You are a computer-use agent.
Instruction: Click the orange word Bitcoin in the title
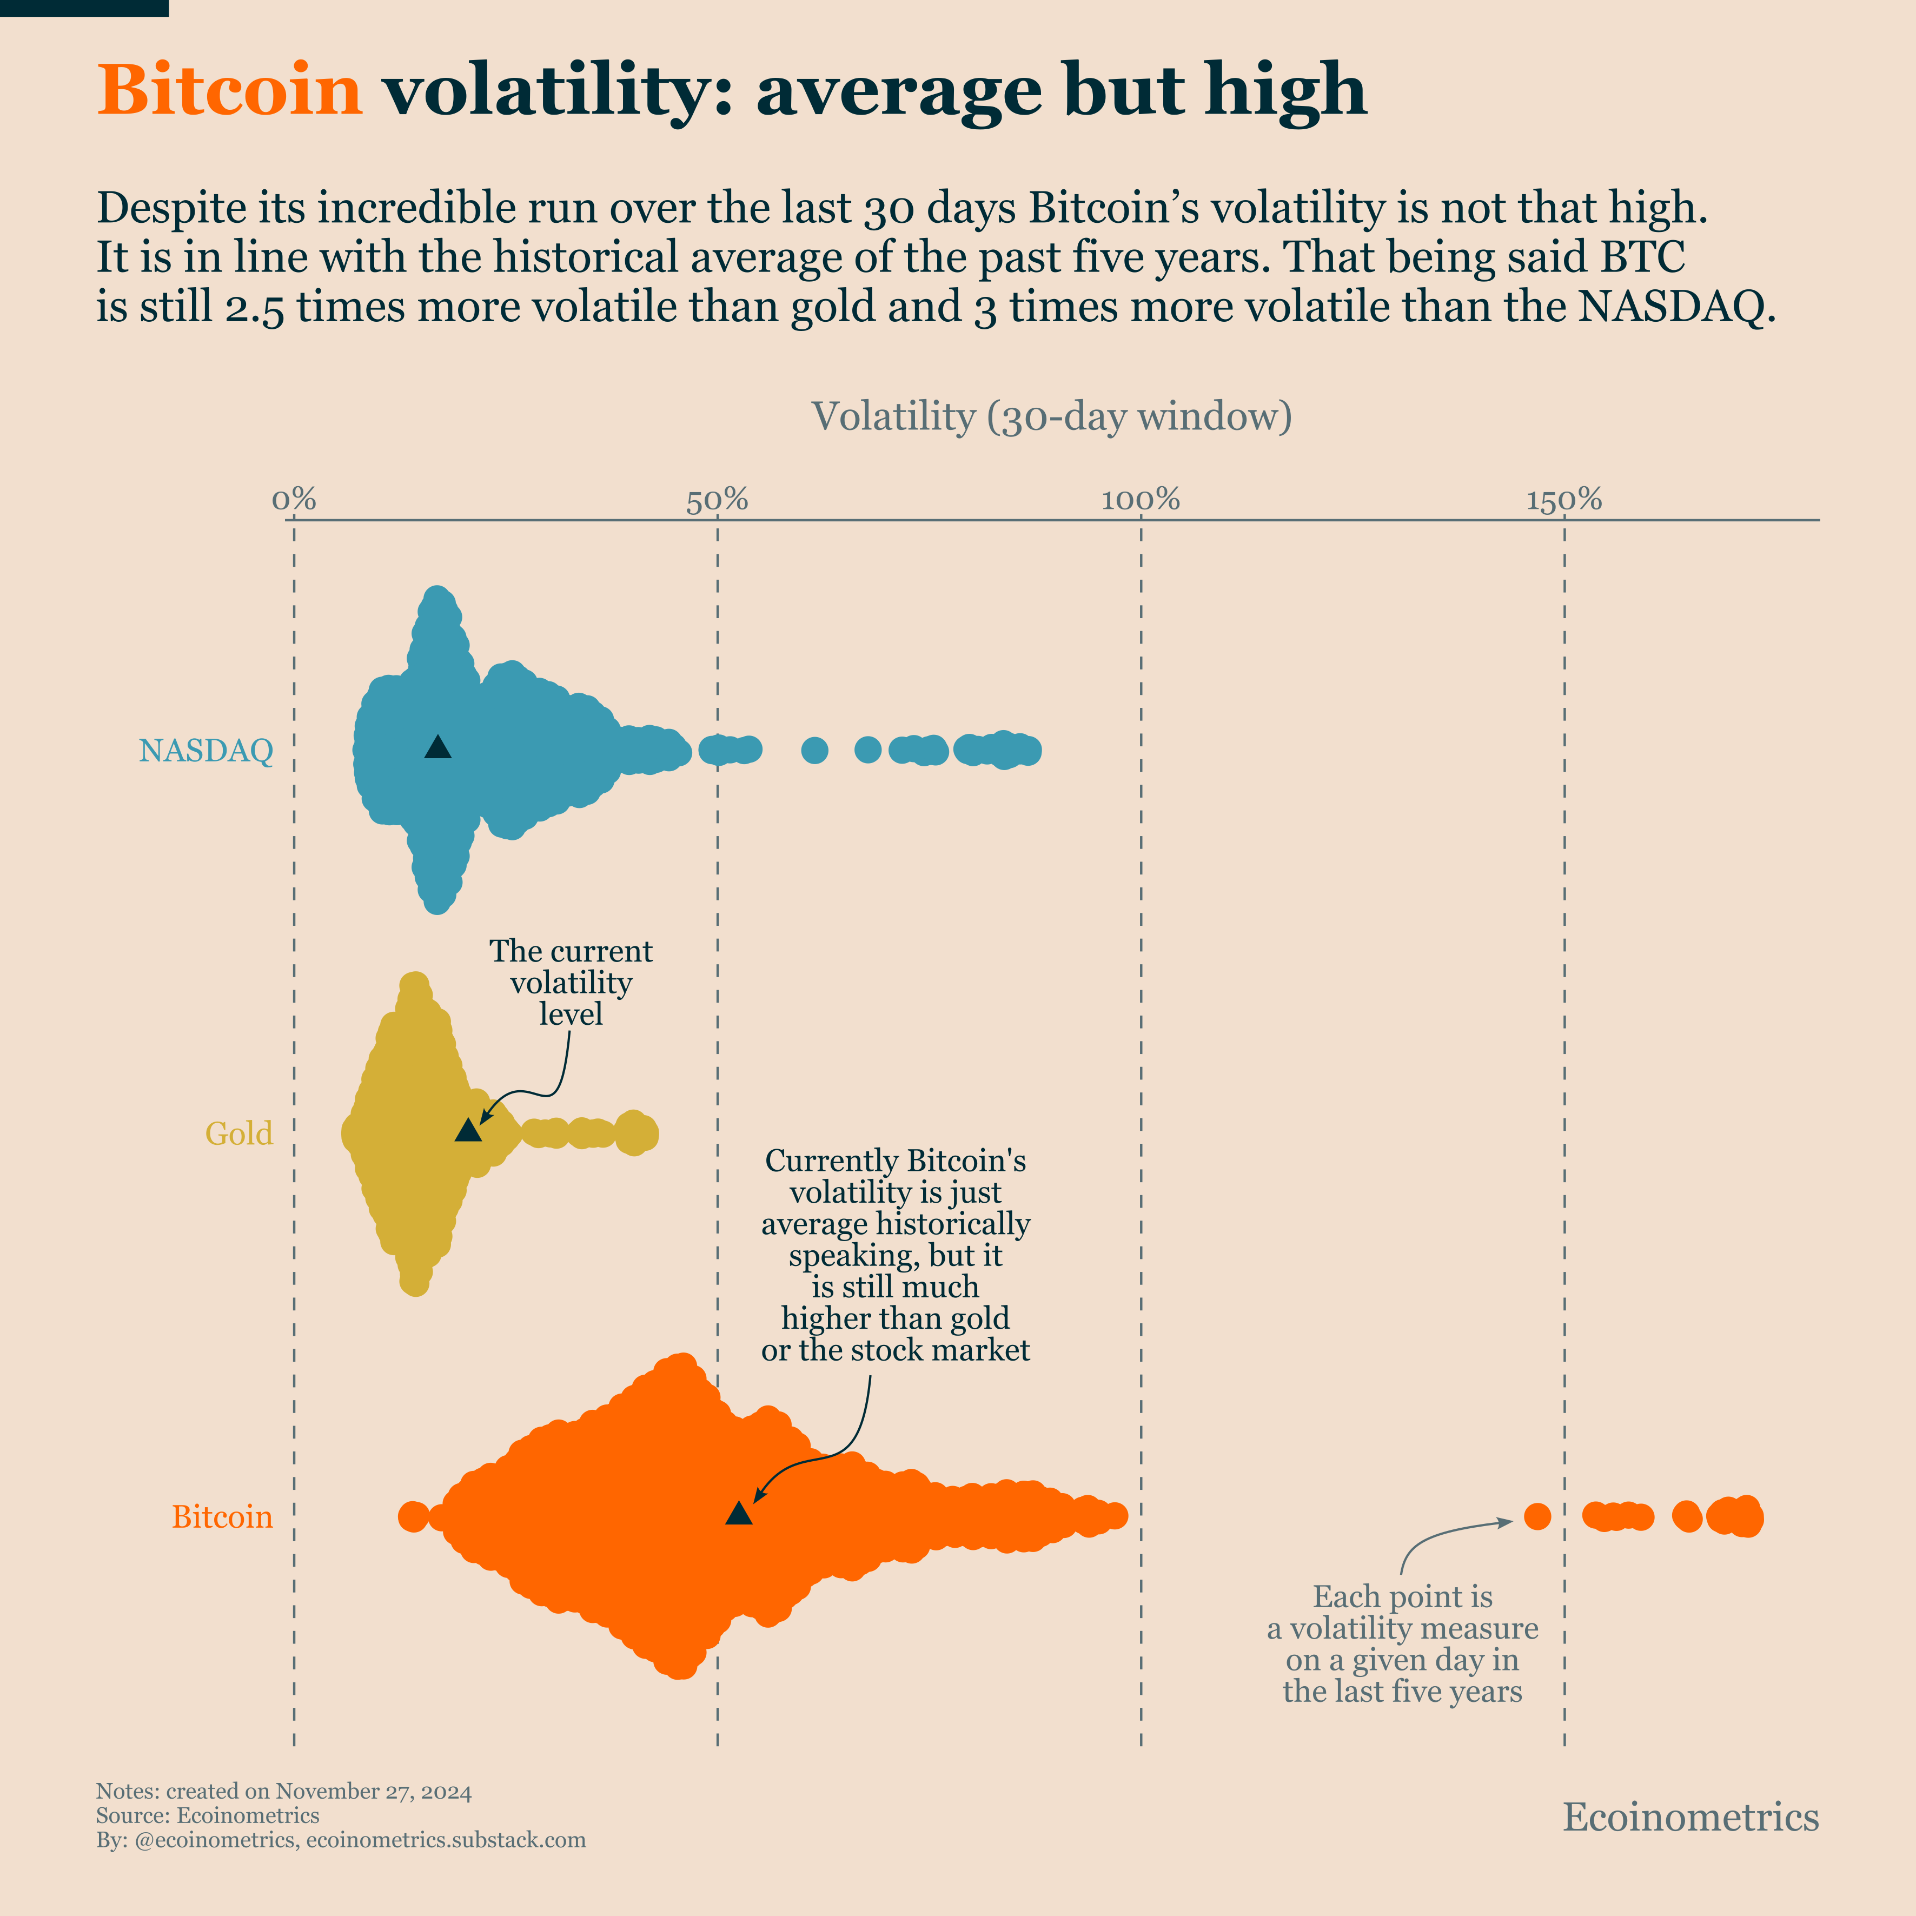tap(230, 89)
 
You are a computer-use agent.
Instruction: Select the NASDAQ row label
tap(205, 751)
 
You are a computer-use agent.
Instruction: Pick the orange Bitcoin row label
tap(222, 1517)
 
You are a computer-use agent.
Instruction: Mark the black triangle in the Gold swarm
tap(468, 1131)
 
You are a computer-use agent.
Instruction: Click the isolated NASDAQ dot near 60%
tap(814, 751)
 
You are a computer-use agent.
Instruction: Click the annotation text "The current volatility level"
tap(571, 982)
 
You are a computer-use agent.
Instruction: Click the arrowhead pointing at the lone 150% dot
tap(1507, 1520)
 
